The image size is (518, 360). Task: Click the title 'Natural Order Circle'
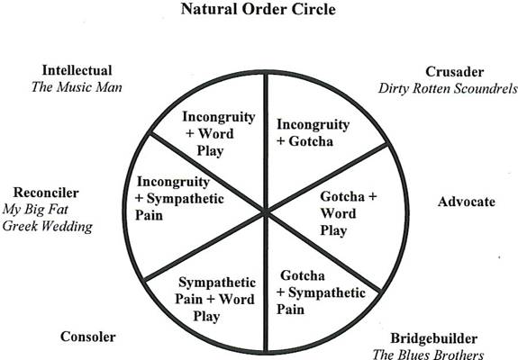(x=259, y=9)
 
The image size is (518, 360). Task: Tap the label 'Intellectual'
(x=77, y=70)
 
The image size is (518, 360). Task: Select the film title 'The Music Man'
(x=77, y=87)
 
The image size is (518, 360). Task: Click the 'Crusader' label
(x=455, y=72)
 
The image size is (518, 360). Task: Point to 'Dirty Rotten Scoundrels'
(x=448, y=88)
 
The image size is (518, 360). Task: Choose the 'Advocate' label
(x=467, y=202)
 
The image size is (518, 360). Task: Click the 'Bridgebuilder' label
(x=433, y=338)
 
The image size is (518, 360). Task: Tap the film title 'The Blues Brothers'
(x=428, y=355)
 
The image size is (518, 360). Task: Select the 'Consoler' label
(x=88, y=337)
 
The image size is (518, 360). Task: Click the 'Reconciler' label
(x=46, y=193)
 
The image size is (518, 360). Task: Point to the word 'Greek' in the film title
(x=20, y=227)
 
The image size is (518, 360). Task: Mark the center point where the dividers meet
(x=266, y=211)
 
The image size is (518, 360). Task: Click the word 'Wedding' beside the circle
(x=68, y=227)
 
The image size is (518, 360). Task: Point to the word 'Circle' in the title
(x=314, y=9)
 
